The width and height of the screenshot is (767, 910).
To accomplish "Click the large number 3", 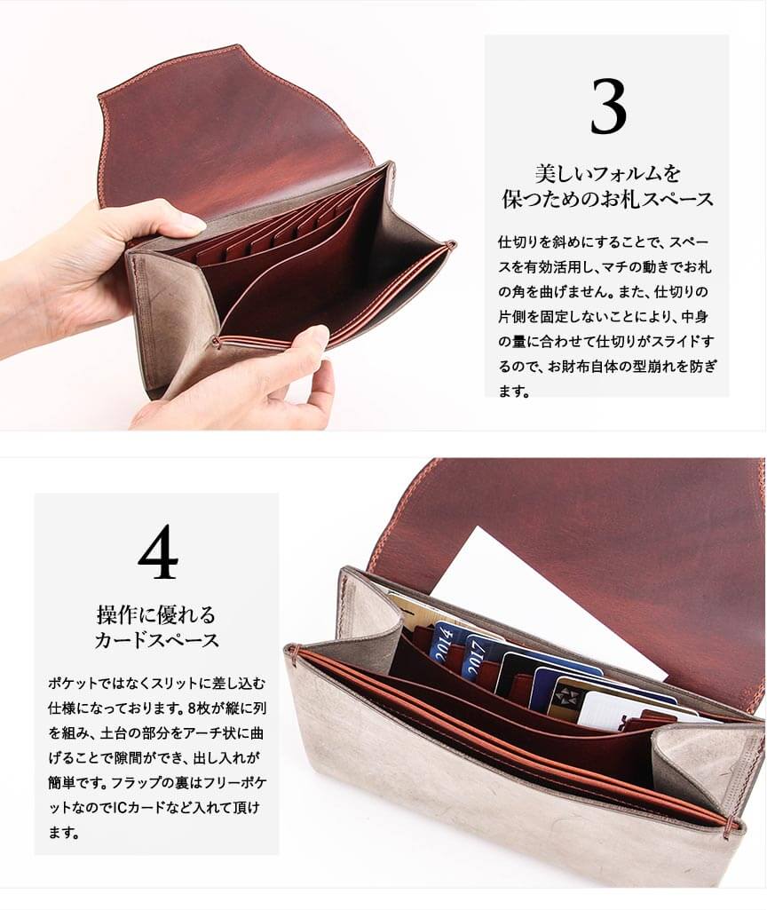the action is [x=609, y=107].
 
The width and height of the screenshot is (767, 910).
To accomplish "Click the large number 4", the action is [x=158, y=552].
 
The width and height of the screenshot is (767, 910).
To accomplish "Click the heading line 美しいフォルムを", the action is [x=607, y=173].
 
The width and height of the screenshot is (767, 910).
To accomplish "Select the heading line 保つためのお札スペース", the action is [x=607, y=199].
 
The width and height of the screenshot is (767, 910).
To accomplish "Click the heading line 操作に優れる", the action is [x=156, y=614].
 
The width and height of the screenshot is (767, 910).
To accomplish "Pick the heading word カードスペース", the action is [x=156, y=640].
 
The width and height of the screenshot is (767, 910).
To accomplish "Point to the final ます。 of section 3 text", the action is [x=515, y=392].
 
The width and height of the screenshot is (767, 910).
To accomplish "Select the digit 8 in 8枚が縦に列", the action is [x=193, y=708].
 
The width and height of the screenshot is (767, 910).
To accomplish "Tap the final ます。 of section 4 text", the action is [x=64, y=833].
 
